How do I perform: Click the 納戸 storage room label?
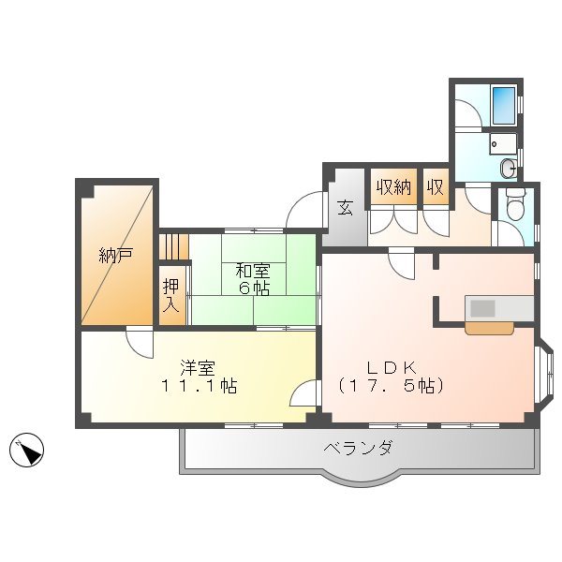(115, 254)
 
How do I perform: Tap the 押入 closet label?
(170, 295)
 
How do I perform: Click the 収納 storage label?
(393, 186)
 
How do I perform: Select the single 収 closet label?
(435, 186)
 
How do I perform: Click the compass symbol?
(28, 451)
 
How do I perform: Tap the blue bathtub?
(503, 104)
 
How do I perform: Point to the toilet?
(514, 207)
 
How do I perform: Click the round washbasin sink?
(507, 168)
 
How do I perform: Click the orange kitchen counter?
(489, 328)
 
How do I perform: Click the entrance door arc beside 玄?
(305, 208)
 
